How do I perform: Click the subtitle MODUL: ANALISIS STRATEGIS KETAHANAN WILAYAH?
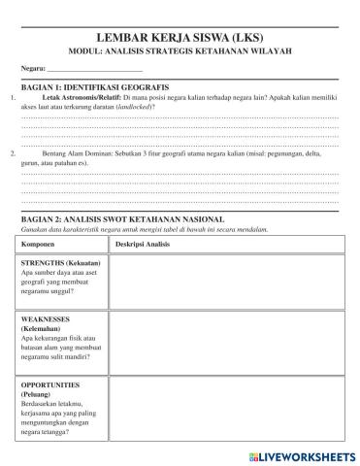(x=180, y=50)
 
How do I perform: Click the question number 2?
(x=12, y=153)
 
